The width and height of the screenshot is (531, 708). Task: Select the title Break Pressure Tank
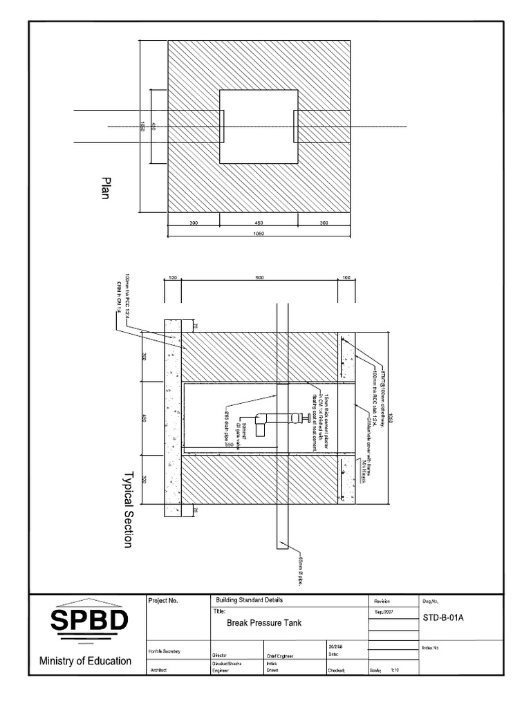[264, 623]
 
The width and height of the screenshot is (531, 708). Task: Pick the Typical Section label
[127, 510]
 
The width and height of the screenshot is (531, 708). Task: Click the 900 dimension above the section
[260, 277]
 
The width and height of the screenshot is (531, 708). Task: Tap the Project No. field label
[164, 601]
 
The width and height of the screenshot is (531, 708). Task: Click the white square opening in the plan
[259, 127]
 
